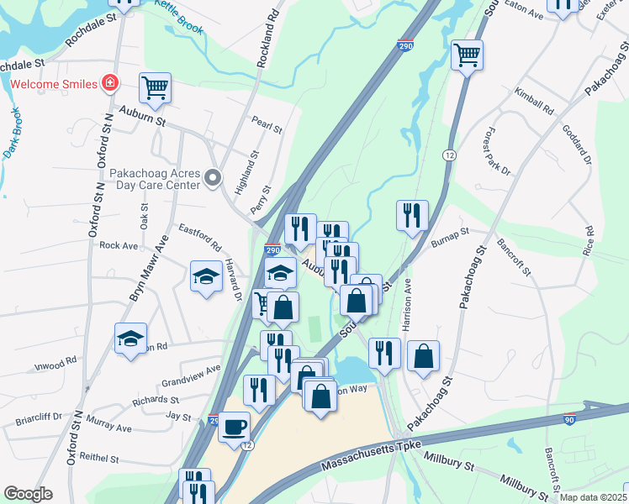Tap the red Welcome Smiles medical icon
(109, 82)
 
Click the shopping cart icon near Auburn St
(156, 88)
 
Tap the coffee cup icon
(234, 426)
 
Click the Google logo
(29, 494)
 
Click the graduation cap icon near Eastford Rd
(206, 277)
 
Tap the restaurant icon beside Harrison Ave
(412, 214)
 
